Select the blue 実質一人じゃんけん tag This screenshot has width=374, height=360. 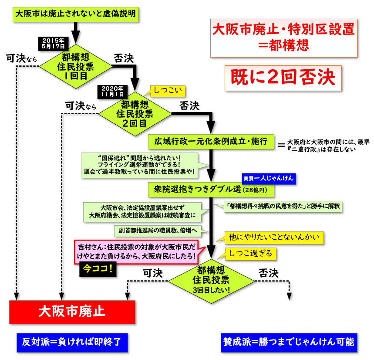click(269, 178)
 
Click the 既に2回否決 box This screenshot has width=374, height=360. click(283, 78)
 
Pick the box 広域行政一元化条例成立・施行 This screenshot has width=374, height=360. click(211, 141)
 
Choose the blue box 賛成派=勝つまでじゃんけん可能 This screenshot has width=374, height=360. click(289, 342)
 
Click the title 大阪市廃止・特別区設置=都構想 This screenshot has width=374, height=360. click(283, 37)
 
